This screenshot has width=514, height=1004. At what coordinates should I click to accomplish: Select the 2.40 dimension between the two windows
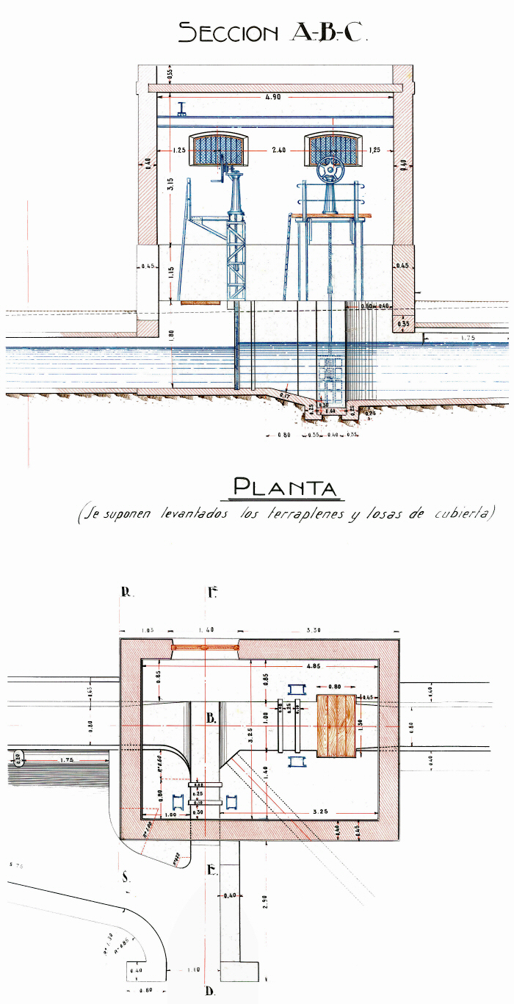pyautogui.click(x=278, y=150)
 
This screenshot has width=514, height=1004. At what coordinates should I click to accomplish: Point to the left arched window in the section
pyautogui.click(x=217, y=149)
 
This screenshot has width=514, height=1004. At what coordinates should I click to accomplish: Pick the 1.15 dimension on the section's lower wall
pyautogui.click(x=171, y=271)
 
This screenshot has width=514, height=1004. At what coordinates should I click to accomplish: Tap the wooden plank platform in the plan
pyautogui.click(x=336, y=726)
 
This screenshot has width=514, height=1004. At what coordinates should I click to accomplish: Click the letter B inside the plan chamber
pyautogui.click(x=211, y=719)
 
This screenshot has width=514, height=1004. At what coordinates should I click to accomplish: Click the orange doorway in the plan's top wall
pyautogui.click(x=206, y=647)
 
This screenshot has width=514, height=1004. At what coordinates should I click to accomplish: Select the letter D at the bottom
pyautogui.click(x=210, y=992)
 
